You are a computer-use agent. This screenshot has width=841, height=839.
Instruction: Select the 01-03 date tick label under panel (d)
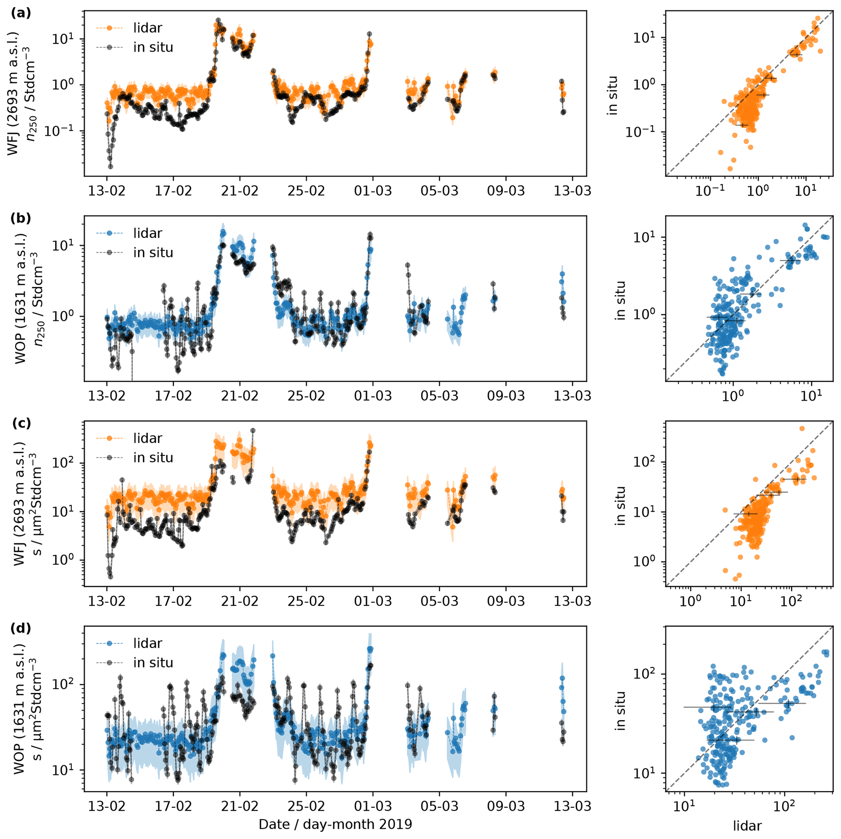tap(373, 806)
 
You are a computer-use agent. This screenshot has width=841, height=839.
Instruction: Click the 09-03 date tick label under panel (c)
tap(505, 601)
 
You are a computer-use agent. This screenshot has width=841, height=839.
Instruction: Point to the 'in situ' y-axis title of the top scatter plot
tap(613, 95)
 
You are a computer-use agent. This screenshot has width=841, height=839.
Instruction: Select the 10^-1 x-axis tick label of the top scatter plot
tap(710, 191)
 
